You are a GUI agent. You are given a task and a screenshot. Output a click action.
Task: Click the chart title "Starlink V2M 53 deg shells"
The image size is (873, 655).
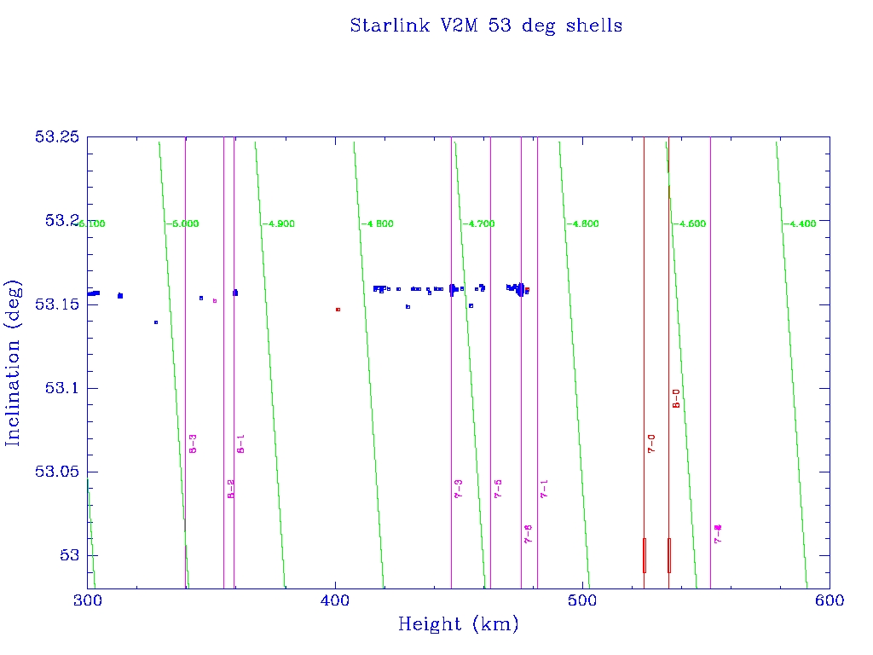point(486,26)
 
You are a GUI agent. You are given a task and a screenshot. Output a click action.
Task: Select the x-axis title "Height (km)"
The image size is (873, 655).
point(458,624)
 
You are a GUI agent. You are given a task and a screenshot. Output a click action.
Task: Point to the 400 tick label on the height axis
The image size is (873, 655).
point(335,600)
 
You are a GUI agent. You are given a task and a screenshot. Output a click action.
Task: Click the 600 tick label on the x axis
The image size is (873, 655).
point(830,600)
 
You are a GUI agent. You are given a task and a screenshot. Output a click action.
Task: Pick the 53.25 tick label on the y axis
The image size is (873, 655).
point(56,137)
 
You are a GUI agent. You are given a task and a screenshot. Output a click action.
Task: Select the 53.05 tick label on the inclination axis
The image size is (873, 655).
point(56,472)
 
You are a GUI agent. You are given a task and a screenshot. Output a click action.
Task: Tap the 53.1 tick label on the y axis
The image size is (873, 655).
point(61,389)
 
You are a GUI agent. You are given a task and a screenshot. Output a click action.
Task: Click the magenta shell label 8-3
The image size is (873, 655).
point(194,443)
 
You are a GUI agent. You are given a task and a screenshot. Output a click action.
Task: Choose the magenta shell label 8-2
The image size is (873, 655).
point(230,488)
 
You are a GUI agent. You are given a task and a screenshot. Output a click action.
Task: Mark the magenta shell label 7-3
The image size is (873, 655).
point(458,488)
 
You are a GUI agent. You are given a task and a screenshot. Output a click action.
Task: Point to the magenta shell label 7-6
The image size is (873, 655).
point(529,534)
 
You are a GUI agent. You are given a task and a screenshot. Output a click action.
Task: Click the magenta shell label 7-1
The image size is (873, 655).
point(544,488)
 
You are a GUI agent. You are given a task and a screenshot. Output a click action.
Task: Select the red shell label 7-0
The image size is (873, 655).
point(651,443)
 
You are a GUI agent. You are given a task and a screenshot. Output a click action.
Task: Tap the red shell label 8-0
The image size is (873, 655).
point(676,398)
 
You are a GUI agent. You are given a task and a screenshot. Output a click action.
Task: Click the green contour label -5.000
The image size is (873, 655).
point(182,223)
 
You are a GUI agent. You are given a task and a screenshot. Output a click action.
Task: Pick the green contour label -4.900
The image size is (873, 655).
point(279,223)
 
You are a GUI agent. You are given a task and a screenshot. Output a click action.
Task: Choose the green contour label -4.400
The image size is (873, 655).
point(801,223)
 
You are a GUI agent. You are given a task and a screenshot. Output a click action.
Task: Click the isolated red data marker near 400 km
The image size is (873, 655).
point(338,310)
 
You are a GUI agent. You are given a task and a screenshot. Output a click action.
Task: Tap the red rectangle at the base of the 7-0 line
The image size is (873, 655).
point(645,555)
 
